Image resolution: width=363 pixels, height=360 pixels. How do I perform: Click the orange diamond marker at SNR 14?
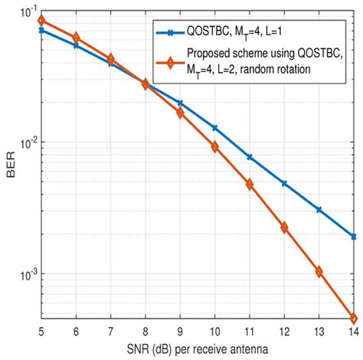pyautogui.click(x=354, y=319)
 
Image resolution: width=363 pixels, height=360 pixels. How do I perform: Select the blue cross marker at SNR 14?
pyautogui.click(x=354, y=237)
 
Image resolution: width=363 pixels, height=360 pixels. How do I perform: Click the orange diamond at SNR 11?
pyautogui.click(x=250, y=185)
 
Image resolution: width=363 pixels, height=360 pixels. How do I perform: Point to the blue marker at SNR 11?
pyautogui.click(x=250, y=157)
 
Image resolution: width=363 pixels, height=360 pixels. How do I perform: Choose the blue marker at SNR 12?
pyautogui.click(x=284, y=184)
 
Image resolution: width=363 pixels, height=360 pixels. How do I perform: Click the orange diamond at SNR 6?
pyautogui.click(x=75, y=38)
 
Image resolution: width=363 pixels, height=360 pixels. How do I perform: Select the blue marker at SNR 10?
pyautogui.click(x=214, y=128)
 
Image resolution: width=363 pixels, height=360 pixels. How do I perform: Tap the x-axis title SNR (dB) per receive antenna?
pyautogui.click(x=197, y=350)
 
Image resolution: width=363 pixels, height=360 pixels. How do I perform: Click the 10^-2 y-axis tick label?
pyautogui.click(x=22, y=143)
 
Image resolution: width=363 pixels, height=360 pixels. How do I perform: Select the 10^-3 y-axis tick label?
pyautogui.click(x=22, y=274)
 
